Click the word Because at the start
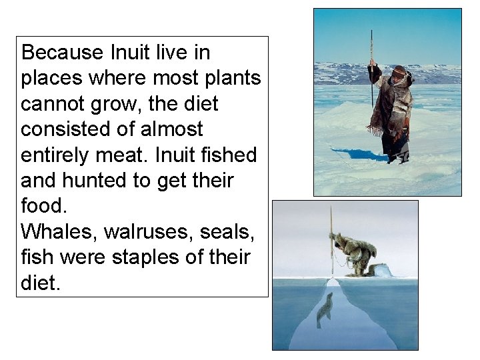click(x=61, y=53)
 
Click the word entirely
click(x=56, y=155)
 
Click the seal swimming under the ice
click(x=324, y=311)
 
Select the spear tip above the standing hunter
click(x=371, y=33)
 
